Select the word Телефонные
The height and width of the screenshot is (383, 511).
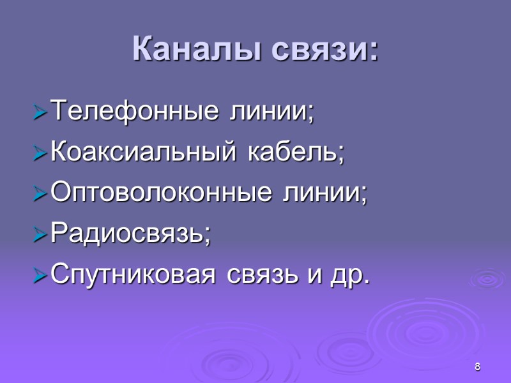[132, 112]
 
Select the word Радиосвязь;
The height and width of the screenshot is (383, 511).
[130, 235]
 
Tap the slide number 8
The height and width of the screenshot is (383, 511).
[477, 366]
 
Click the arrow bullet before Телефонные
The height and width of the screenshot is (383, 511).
[39, 114]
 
